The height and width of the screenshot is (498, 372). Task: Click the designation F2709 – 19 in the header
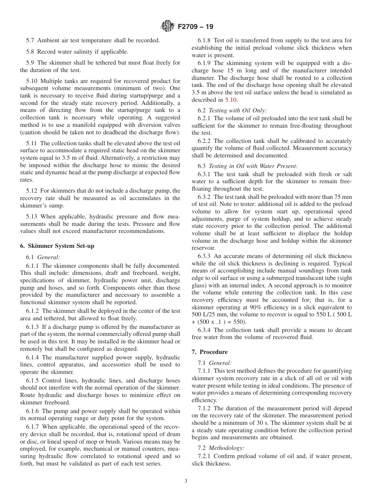click(x=195, y=27)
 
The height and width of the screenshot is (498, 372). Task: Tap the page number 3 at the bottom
click(x=186, y=481)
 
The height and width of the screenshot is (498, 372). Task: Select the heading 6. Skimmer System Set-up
click(x=57, y=246)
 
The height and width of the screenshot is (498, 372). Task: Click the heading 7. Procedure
click(x=209, y=352)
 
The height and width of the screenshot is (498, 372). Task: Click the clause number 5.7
click(x=31, y=40)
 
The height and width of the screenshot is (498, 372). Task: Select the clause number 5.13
click(x=33, y=216)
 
